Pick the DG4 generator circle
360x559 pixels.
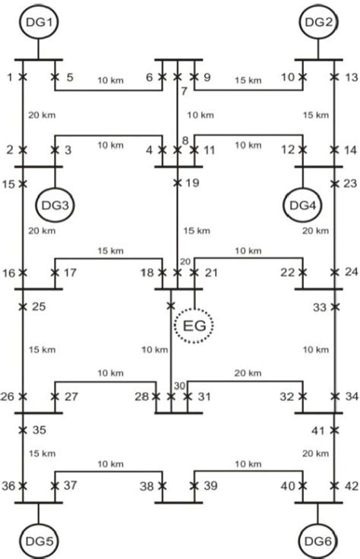(x=302, y=204)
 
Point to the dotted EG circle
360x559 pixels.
(x=194, y=327)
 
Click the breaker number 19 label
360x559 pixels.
(x=191, y=182)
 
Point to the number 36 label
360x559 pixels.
(x=9, y=486)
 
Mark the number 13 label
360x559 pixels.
(x=350, y=77)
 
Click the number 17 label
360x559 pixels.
(x=70, y=273)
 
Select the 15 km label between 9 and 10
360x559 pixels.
(x=246, y=80)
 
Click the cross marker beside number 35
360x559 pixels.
(x=24, y=430)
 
